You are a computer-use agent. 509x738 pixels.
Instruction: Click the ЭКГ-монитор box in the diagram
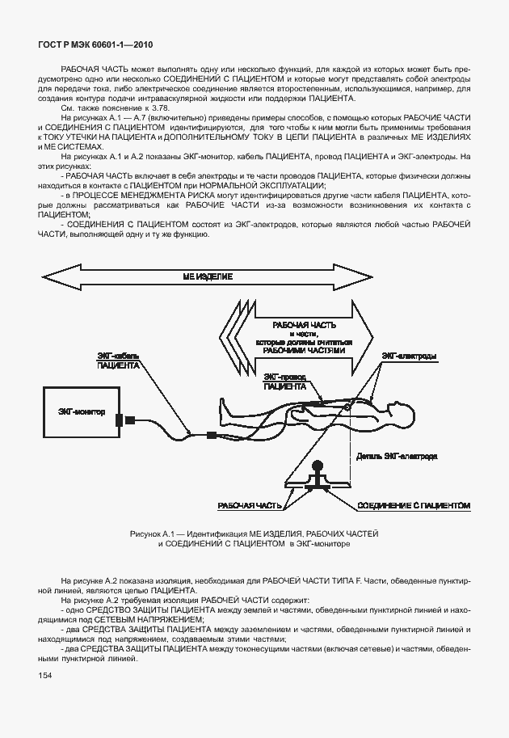pyautogui.click(x=82, y=412)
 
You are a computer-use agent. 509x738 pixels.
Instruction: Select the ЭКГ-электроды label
pyautogui.click(x=410, y=356)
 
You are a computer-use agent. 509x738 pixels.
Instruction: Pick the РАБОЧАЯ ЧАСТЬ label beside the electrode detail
pyautogui.click(x=250, y=505)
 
